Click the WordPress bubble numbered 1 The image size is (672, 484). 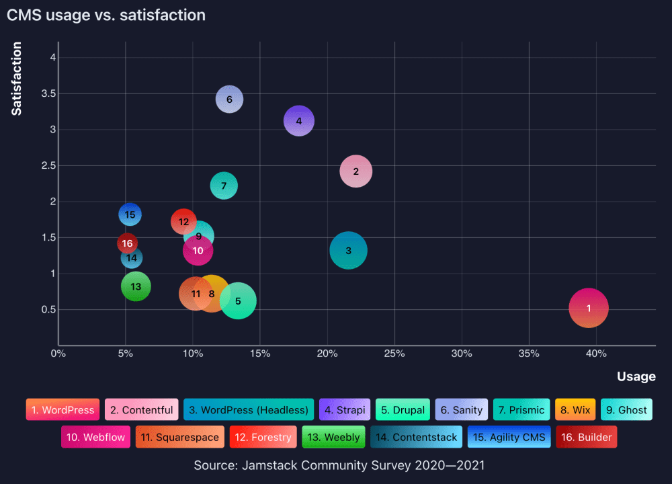click(589, 308)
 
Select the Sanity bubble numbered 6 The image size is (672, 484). click(229, 99)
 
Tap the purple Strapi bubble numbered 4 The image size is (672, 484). click(299, 121)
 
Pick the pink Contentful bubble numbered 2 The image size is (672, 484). click(356, 171)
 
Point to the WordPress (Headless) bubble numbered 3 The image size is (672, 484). click(348, 251)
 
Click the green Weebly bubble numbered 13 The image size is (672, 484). click(136, 286)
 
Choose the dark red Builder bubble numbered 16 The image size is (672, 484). click(127, 243)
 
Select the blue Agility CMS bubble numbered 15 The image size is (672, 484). click(130, 214)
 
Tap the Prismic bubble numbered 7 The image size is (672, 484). click(224, 186)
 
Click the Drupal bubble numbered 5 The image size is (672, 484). click(238, 301)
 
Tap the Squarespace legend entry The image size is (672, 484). click(180, 437)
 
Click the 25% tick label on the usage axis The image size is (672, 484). click(394, 354)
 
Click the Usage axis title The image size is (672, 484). click(636, 376)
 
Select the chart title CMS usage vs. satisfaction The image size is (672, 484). click(106, 15)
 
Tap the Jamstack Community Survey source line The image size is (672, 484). click(339, 465)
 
